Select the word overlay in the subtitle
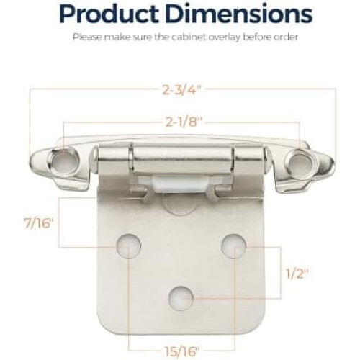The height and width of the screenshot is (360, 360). (225, 38)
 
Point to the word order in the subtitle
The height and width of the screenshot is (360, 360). (285, 37)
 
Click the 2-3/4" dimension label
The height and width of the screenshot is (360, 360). (181, 91)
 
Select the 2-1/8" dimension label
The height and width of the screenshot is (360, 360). (182, 122)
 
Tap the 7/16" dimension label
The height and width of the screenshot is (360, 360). (38, 223)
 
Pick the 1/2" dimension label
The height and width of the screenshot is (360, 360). (297, 274)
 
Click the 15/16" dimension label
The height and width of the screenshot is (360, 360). (182, 352)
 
